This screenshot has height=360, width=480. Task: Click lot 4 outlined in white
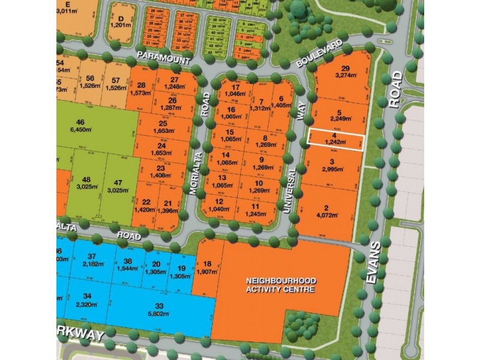(x=335, y=139)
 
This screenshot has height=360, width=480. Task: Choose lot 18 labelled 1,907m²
(x=208, y=267)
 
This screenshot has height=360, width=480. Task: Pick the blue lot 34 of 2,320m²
(x=87, y=300)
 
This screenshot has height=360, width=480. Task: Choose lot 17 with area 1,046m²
(x=235, y=90)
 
